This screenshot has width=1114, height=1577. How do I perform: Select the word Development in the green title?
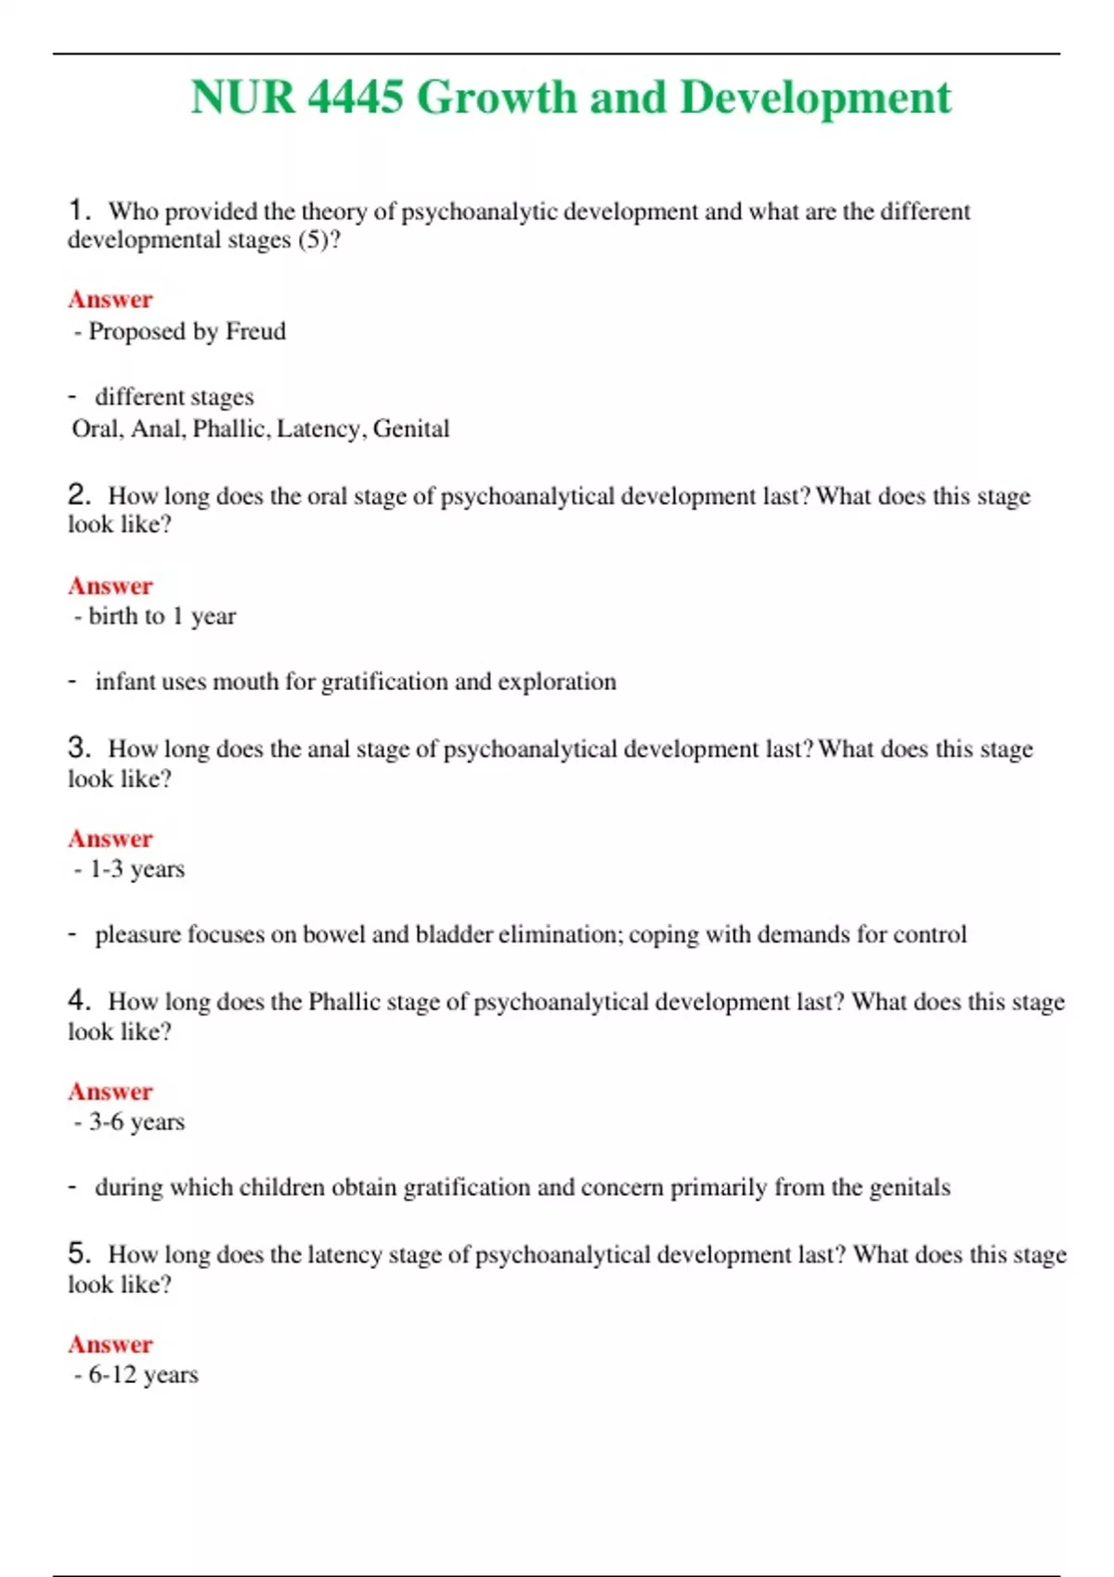(x=815, y=97)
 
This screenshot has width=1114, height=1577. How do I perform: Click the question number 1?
(x=78, y=211)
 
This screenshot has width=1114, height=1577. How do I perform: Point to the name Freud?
(x=255, y=331)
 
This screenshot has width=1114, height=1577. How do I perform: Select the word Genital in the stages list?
(x=411, y=429)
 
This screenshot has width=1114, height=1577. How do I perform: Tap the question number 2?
(x=78, y=495)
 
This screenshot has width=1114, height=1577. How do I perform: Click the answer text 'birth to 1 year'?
(x=162, y=616)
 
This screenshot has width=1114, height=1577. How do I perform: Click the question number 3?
(x=78, y=749)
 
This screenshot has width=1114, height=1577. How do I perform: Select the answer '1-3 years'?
(x=136, y=869)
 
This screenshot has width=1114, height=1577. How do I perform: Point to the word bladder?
(x=454, y=934)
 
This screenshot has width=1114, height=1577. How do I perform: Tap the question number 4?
(x=78, y=1001)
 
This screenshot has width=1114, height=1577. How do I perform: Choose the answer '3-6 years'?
(x=136, y=1122)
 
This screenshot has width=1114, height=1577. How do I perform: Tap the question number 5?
(x=78, y=1254)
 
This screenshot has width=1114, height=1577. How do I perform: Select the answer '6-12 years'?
(x=143, y=1375)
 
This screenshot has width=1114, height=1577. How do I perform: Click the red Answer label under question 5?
(x=110, y=1344)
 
